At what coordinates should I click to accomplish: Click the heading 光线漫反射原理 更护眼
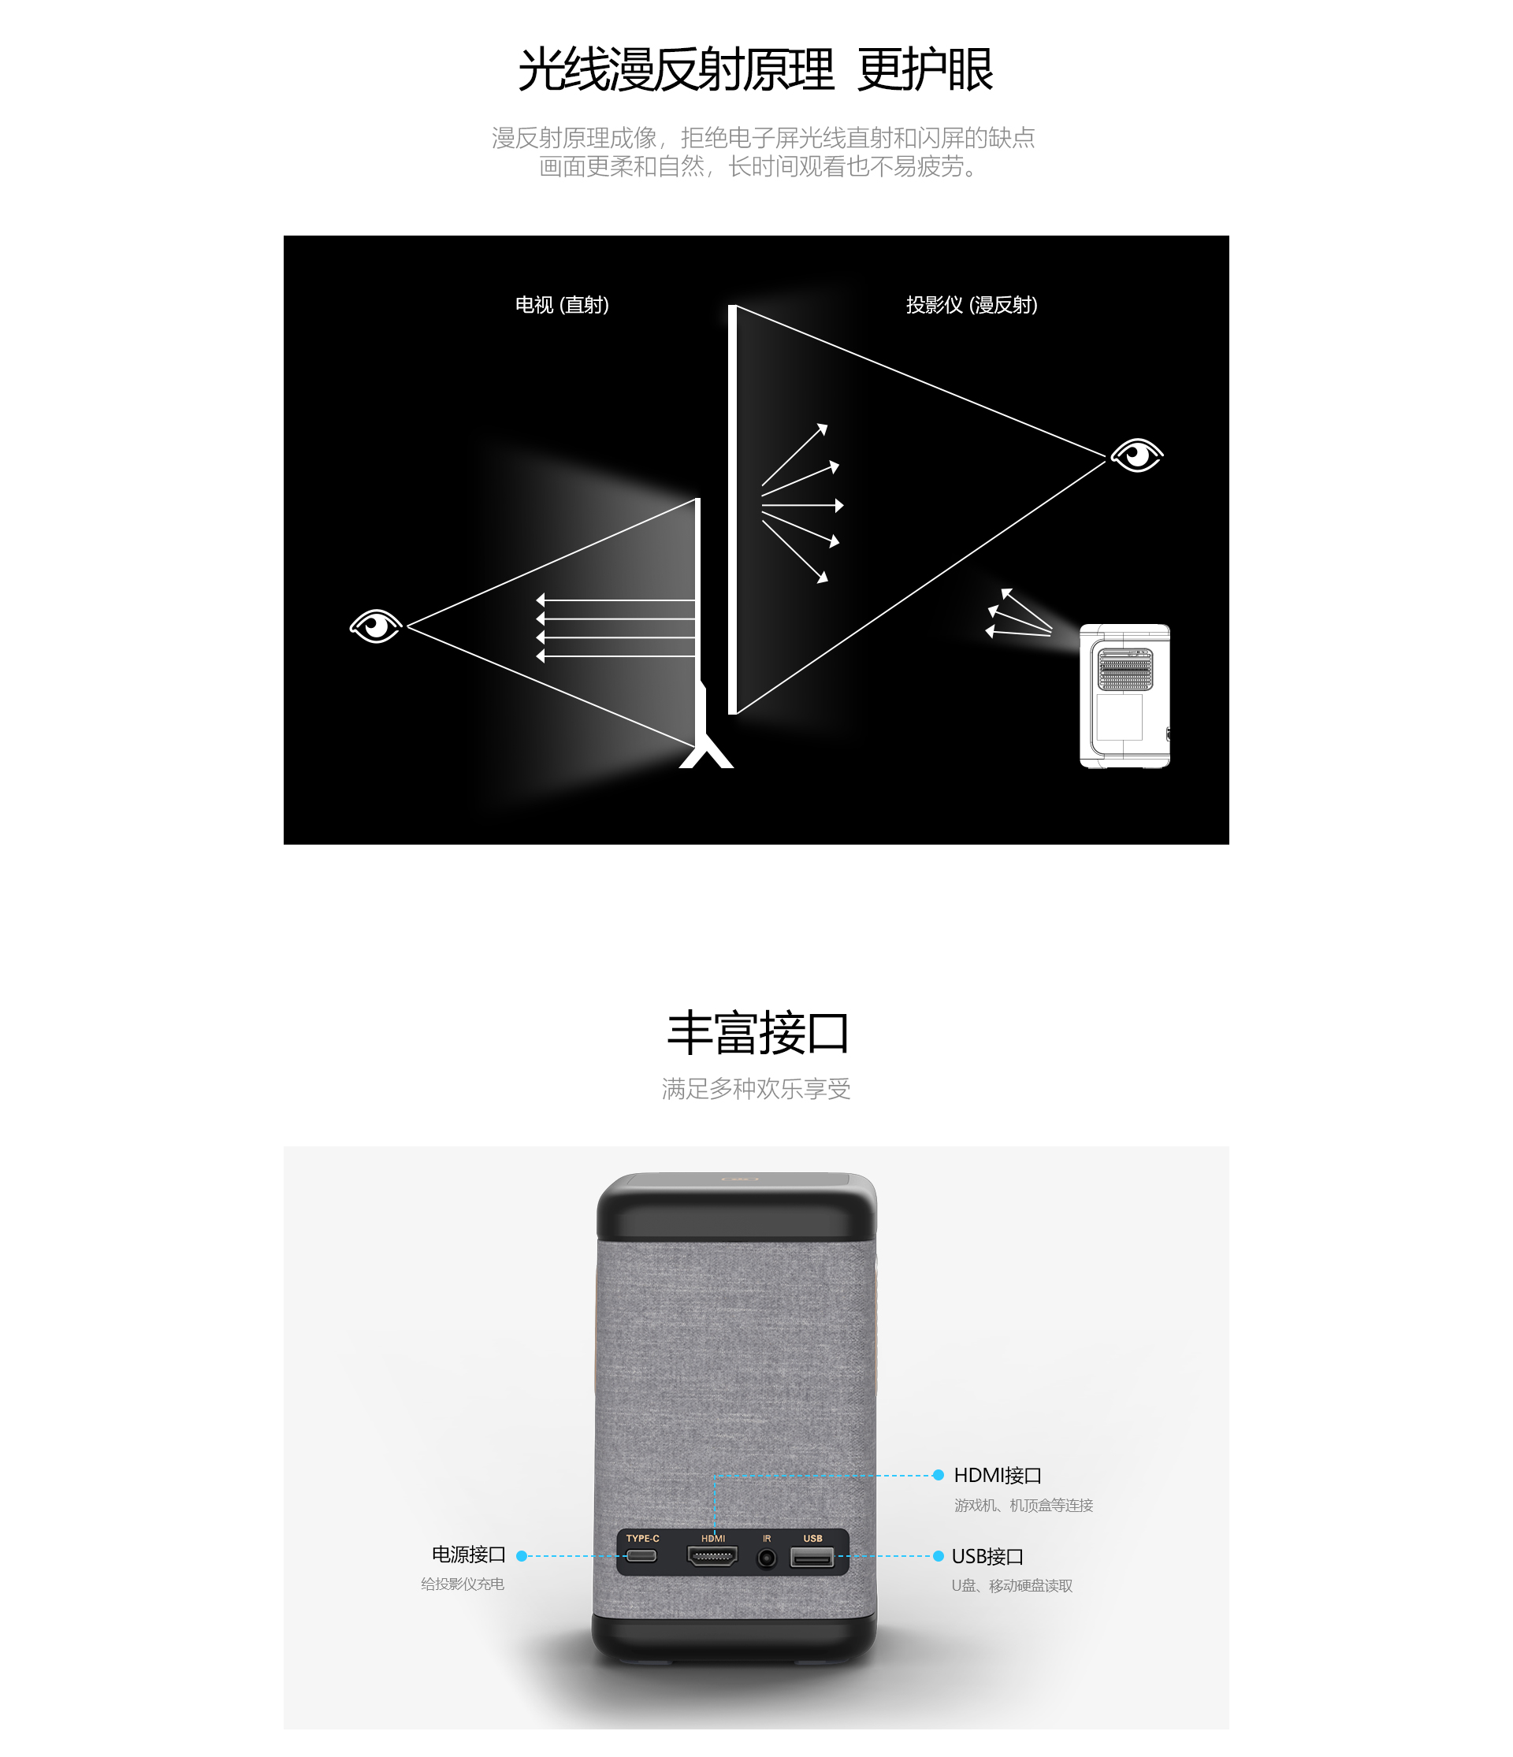(x=755, y=69)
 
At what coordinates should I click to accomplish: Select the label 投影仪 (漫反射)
(x=972, y=305)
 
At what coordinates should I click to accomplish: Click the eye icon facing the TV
(x=376, y=626)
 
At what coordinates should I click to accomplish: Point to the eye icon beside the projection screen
(x=1137, y=455)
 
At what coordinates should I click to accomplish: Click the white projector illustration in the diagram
(x=1125, y=696)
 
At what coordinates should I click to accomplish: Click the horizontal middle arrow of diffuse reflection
(x=802, y=505)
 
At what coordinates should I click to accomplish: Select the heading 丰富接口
(x=757, y=1033)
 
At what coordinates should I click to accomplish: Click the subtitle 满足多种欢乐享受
(x=756, y=1089)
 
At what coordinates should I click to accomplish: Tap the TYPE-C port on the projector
(x=641, y=1556)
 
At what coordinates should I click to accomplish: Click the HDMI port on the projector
(x=712, y=1556)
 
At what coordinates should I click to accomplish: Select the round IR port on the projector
(x=767, y=1558)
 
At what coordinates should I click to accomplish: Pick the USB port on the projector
(x=812, y=1557)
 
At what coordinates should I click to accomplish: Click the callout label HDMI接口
(x=998, y=1476)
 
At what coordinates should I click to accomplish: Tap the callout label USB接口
(x=987, y=1557)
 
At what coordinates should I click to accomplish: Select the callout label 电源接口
(x=469, y=1555)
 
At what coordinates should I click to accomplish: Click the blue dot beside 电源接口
(x=522, y=1556)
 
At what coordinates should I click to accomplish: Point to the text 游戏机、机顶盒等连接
(x=1024, y=1505)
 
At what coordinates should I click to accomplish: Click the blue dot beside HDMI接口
(x=938, y=1476)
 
